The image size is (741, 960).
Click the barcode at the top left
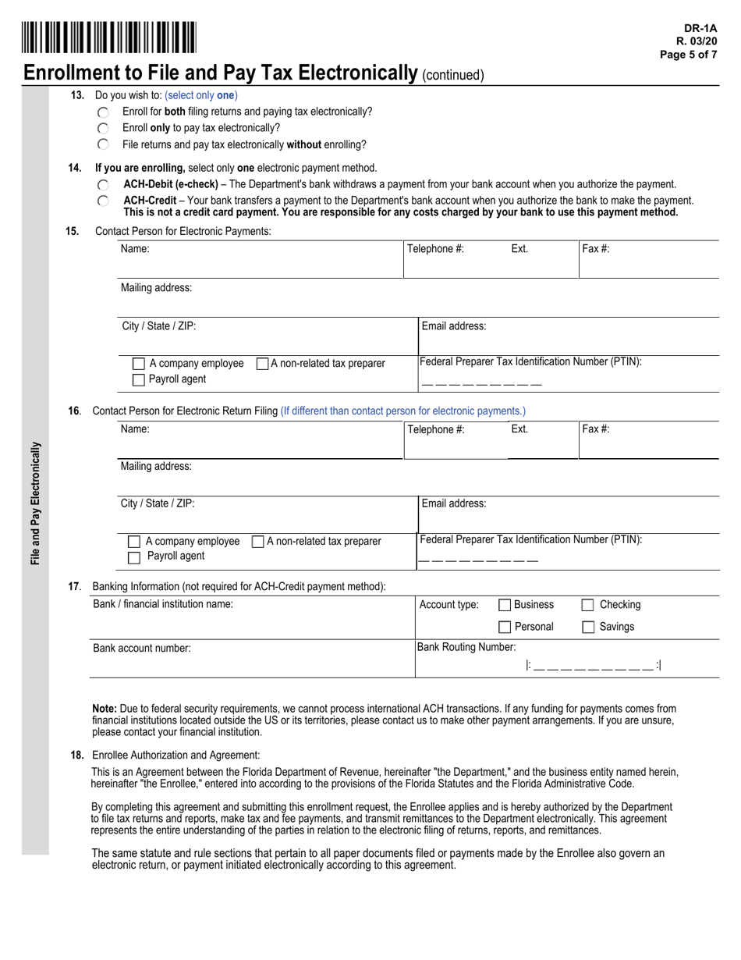(x=109, y=37)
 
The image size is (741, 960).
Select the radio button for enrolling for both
(x=104, y=112)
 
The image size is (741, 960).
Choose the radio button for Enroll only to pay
(x=104, y=128)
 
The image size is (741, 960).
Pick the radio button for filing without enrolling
(x=104, y=144)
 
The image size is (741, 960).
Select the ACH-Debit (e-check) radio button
(x=104, y=185)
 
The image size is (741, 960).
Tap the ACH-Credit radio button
(x=104, y=201)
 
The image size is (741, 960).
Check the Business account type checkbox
(x=505, y=605)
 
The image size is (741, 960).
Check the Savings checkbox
(x=589, y=627)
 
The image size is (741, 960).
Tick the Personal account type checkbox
(x=505, y=627)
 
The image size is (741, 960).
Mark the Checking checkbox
(x=589, y=605)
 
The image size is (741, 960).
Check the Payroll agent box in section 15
(x=139, y=380)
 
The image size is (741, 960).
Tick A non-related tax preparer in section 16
(x=258, y=542)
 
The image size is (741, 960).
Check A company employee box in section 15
(x=139, y=364)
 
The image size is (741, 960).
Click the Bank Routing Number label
(x=466, y=647)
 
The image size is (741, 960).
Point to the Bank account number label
(x=141, y=648)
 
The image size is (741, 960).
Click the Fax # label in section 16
(x=596, y=428)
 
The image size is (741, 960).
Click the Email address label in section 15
(x=453, y=326)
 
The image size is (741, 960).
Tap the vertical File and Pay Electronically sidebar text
(x=36, y=503)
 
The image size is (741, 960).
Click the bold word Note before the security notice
(x=104, y=709)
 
